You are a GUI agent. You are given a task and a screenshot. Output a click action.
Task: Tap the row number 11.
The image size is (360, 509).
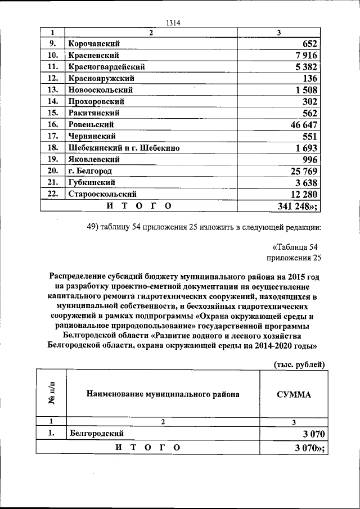tap(53, 66)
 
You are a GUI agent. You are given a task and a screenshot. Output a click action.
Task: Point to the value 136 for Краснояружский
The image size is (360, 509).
tap(310, 78)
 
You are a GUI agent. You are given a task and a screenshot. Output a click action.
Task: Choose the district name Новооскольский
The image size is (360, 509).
tap(100, 90)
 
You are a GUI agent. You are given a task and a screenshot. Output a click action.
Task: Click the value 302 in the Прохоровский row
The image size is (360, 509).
tap(309, 101)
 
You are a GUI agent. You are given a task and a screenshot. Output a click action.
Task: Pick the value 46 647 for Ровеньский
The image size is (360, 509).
tap(304, 124)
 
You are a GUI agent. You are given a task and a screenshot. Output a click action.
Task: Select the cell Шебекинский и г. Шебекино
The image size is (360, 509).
tap(124, 148)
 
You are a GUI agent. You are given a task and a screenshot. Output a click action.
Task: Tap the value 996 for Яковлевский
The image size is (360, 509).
tap(309, 159)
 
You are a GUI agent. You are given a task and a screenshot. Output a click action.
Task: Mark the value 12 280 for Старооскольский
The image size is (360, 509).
tap(304, 195)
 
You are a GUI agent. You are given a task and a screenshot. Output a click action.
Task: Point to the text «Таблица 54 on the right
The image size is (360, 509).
tap(296, 247)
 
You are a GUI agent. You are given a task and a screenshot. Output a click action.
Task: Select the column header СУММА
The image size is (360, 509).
tap(294, 394)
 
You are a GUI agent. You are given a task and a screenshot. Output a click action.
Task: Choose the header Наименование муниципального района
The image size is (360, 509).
tap(163, 394)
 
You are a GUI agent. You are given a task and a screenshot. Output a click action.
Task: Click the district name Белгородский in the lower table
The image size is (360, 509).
tap(96, 434)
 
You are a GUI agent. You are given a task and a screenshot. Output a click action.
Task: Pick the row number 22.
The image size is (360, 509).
tap(53, 194)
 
